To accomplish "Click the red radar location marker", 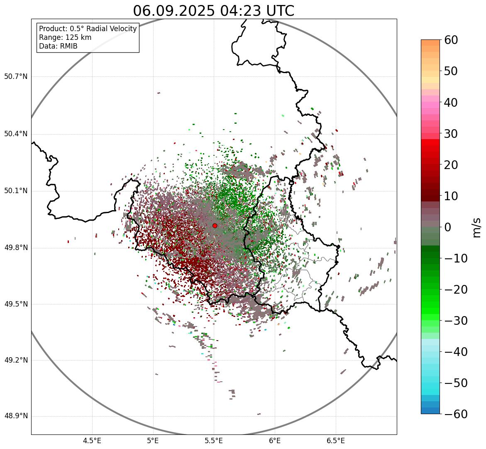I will tap(215, 226).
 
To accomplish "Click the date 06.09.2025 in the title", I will tap(174, 11).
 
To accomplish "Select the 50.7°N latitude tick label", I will tap(16, 76).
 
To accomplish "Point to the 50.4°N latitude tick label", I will tap(16, 134).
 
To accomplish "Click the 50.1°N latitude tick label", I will tap(16, 191).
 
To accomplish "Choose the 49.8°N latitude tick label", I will tap(16, 248).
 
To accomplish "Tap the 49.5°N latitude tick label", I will tap(16, 304).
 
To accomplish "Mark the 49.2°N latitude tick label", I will tap(16, 360).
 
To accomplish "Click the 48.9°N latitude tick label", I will tap(16, 416).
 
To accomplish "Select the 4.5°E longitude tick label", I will tap(92, 441).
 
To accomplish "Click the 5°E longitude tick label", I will tap(153, 441).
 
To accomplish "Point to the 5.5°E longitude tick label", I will tap(214, 441).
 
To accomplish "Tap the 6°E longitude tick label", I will tap(275, 441).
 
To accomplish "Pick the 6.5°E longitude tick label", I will tap(335, 441).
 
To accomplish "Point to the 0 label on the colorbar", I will tap(448, 227).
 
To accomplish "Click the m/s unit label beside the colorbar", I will tap(477, 227).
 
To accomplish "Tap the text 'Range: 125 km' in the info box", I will tap(65, 37).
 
